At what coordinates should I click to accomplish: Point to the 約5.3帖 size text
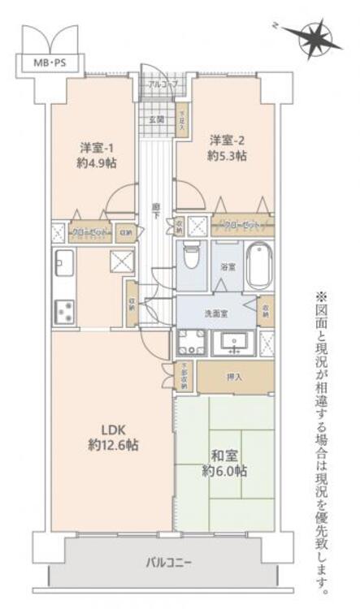pos(227,155)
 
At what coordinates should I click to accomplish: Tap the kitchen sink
pos(64,261)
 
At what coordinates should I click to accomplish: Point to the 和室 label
pos(223,454)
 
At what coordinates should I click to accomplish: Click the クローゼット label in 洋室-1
pos(85,232)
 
